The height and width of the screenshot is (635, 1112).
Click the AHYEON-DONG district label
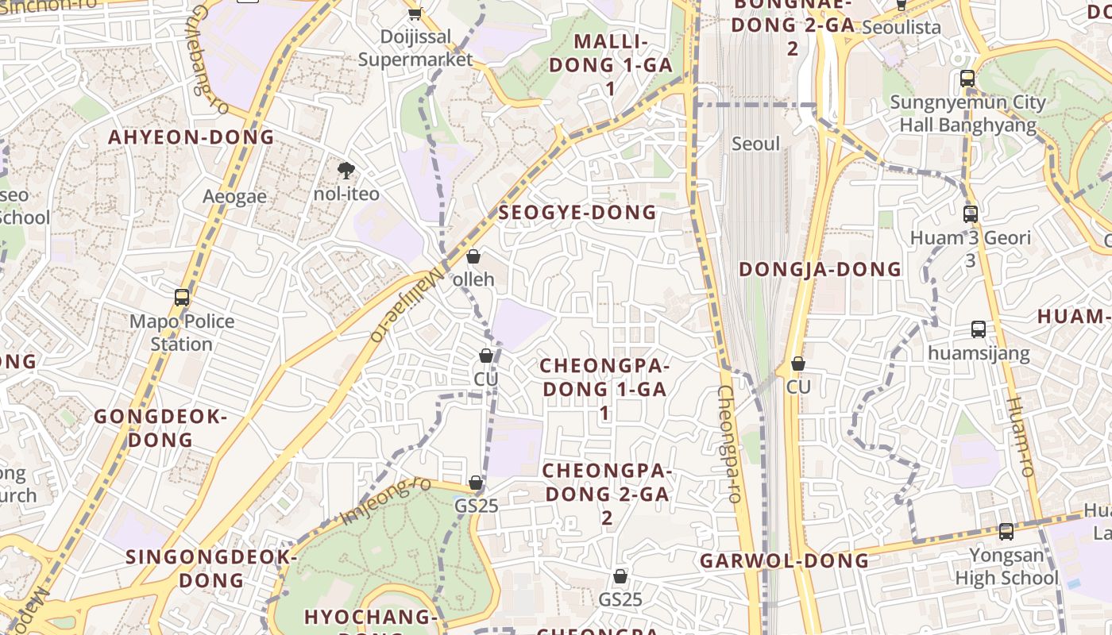click(x=191, y=137)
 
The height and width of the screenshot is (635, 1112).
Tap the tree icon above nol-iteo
click(x=346, y=170)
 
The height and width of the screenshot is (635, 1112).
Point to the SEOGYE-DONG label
click(x=577, y=213)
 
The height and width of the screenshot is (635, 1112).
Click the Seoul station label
click(x=755, y=144)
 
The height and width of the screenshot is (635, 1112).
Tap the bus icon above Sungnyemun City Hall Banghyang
click(x=967, y=79)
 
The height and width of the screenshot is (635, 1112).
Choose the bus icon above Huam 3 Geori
click(x=970, y=214)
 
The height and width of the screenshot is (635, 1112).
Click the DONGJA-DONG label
click(x=820, y=270)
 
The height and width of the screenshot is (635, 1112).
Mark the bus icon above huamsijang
click(x=979, y=329)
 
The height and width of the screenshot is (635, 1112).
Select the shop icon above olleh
click(x=473, y=256)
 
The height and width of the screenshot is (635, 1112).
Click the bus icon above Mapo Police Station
click(x=182, y=298)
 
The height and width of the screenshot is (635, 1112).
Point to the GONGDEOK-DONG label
click(x=160, y=428)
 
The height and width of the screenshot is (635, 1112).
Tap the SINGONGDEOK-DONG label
click(x=210, y=568)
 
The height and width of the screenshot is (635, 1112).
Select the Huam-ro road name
click(x=1020, y=437)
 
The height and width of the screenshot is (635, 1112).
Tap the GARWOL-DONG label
click(x=784, y=561)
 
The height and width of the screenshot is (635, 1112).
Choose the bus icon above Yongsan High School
click(x=1006, y=532)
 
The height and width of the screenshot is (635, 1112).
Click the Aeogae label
click(x=234, y=197)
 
